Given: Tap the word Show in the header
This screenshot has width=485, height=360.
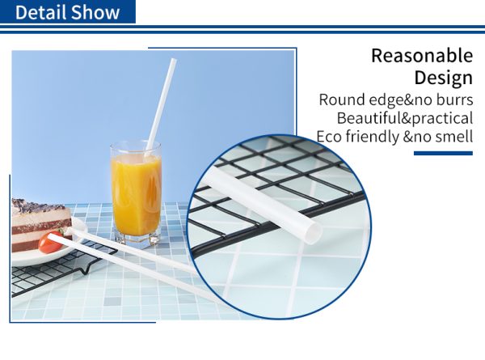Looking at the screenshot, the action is click(x=95, y=12).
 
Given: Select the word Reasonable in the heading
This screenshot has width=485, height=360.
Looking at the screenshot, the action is click(x=422, y=55).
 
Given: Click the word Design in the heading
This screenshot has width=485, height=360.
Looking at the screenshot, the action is click(x=444, y=78).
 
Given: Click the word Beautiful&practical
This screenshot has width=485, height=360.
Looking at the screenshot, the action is click(x=405, y=119).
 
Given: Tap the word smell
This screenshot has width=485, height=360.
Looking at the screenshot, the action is click(x=454, y=137).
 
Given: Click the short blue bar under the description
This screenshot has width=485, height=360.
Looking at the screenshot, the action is click(x=443, y=153).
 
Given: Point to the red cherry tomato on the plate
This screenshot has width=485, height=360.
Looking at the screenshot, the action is click(x=50, y=242).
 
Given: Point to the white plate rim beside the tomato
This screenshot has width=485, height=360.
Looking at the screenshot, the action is click(x=78, y=230).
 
